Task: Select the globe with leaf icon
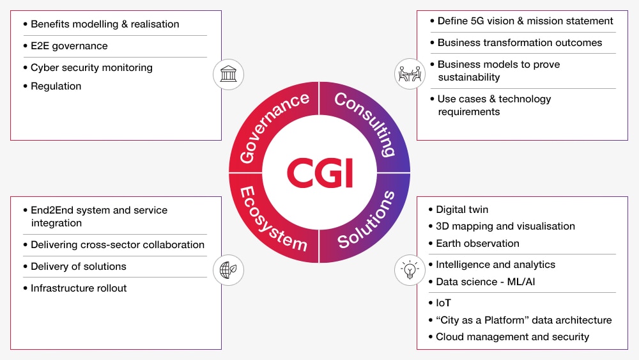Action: [x=228, y=270]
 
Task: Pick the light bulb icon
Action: [x=410, y=270]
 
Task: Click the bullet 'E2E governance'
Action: [x=69, y=46]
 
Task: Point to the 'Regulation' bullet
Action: [x=56, y=86]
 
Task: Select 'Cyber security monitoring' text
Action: [x=91, y=68]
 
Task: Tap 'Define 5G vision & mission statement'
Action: [x=525, y=21]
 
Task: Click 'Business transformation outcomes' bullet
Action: [x=520, y=43]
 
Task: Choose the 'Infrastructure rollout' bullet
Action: [x=79, y=288]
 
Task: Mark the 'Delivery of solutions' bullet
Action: [x=79, y=267]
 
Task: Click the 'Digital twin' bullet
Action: [x=462, y=210]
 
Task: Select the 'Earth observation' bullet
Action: [x=477, y=244]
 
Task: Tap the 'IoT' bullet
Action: [x=443, y=303]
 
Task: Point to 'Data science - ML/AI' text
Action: [x=486, y=282]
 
